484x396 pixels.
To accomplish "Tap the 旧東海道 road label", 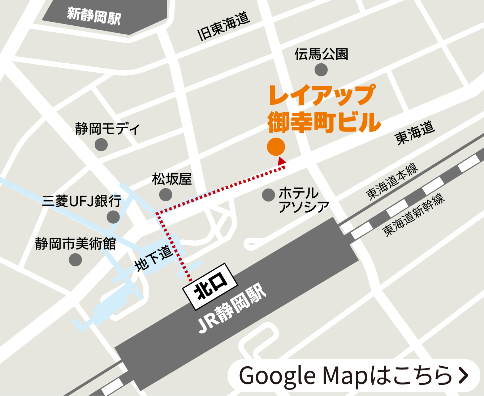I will coord(223,26).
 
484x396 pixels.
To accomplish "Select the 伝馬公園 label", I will coord(321,54).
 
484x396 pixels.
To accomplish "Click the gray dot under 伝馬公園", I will coord(321,70).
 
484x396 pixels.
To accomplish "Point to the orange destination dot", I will coord(276,147).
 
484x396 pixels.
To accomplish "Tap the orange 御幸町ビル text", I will coord(324,122).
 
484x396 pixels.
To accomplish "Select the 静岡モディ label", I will coord(107,129).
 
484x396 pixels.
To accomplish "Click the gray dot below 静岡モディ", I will coord(101,145).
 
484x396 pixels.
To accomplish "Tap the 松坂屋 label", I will coord(172,179).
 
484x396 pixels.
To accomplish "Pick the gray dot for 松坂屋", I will coord(166,195).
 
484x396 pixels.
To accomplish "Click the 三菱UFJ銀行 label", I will coord(82,201).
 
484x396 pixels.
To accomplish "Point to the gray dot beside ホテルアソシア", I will coord(268,195).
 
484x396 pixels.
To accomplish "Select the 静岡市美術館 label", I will coord(75,244).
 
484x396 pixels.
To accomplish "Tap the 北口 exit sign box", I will coord(210,286).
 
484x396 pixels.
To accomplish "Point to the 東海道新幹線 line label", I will coord(413,215).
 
